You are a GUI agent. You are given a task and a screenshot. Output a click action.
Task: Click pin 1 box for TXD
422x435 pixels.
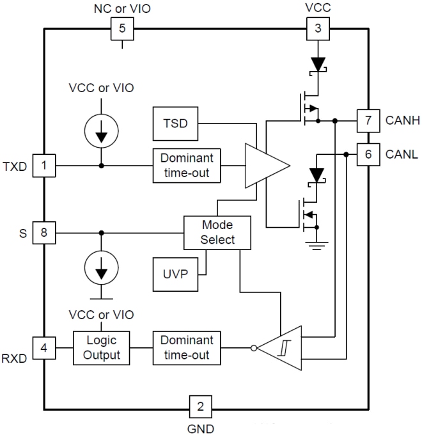click(44, 166)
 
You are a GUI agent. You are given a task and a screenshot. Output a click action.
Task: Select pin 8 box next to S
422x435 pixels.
click(44, 233)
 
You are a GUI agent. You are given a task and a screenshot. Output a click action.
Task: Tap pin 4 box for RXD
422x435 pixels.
click(44, 349)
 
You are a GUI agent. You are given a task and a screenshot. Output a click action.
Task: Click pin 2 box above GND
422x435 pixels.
click(201, 406)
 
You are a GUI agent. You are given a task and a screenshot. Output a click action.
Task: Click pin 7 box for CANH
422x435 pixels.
click(367, 119)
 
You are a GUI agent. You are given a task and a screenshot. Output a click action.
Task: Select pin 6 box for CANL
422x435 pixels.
click(367, 154)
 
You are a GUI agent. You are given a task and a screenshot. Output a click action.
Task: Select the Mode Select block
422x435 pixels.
click(217, 232)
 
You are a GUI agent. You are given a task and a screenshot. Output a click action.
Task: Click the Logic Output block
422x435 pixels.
click(102, 349)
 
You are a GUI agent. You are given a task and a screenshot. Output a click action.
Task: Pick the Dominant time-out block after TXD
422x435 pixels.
click(187, 166)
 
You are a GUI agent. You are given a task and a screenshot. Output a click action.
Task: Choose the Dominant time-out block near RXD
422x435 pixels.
click(187, 349)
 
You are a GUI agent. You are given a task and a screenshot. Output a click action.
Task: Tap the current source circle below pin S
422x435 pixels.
click(100, 269)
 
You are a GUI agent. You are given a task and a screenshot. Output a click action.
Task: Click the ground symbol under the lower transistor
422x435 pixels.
click(313, 246)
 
